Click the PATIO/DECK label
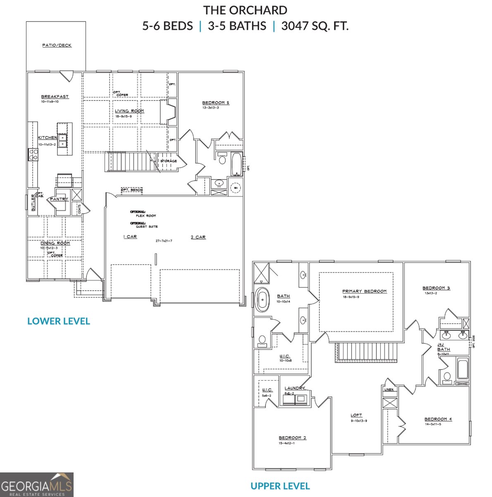tap(57, 45)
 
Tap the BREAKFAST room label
tap(55, 97)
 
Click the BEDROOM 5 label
tap(215, 103)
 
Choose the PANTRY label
tap(59, 199)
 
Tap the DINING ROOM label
tap(55, 243)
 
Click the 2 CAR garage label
tap(198, 237)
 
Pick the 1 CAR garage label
tap(130, 236)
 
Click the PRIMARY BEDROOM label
tap(364, 291)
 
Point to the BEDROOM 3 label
tap(436, 288)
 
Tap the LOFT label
tap(356, 415)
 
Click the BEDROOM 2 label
tap(292, 438)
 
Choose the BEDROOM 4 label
tap(438, 419)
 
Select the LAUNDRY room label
tap(294, 388)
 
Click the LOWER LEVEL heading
tap(58, 321)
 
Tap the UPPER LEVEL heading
tap(280, 486)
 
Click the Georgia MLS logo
tap(36, 485)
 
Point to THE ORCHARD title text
tap(245, 10)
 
